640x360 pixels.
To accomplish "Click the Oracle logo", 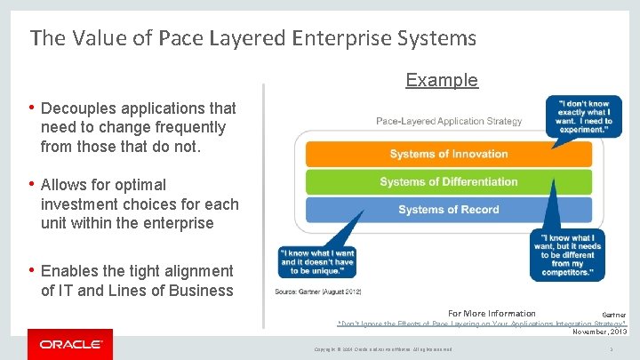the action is [70, 344].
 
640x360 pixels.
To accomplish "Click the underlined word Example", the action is [442, 80].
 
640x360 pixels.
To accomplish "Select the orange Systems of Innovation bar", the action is [448, 154].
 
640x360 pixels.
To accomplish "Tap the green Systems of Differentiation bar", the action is [448, 182].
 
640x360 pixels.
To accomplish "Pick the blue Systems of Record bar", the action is [448, 210].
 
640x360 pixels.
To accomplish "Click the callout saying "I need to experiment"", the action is [584, 116].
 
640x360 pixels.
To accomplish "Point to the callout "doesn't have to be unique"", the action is [317, 262].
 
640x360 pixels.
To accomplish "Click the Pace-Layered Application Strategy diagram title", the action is [449, 121].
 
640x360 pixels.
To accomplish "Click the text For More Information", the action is [492, 314].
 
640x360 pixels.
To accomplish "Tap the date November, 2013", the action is [599, 332].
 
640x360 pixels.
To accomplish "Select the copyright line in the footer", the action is [384, 349].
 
